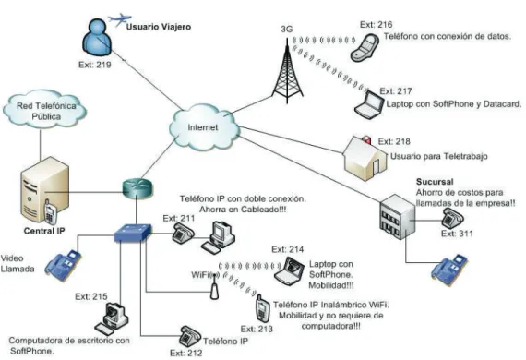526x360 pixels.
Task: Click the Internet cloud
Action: tap(204, 127)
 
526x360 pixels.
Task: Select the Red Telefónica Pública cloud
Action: tap(45, 109)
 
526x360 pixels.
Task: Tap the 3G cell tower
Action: tap(287, 70)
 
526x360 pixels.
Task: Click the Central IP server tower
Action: tap(44, 190)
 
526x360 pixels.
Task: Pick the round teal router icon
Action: tap(137, 188)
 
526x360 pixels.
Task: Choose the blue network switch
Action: tap(133, 233)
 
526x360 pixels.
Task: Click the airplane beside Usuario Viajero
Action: tap(119, 19)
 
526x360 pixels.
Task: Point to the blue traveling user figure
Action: tap(97, 37)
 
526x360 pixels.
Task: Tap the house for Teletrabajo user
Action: tap(365, 158)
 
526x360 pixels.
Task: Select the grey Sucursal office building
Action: tap(397, 217)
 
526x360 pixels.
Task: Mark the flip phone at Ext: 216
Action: tap(365, 47)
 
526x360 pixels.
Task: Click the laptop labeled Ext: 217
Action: tap(370, 104)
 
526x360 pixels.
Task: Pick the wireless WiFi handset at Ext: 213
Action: tap(262, 308)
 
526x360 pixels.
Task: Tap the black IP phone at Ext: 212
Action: tap(190, 336)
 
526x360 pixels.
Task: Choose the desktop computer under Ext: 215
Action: tap(112, 318)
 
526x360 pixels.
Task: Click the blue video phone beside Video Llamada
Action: tap(64, 266)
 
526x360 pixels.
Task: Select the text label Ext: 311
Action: tap(457, 234)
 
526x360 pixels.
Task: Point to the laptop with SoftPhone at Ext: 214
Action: tap(290, 271)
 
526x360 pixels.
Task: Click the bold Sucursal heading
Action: tap(435, 182)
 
